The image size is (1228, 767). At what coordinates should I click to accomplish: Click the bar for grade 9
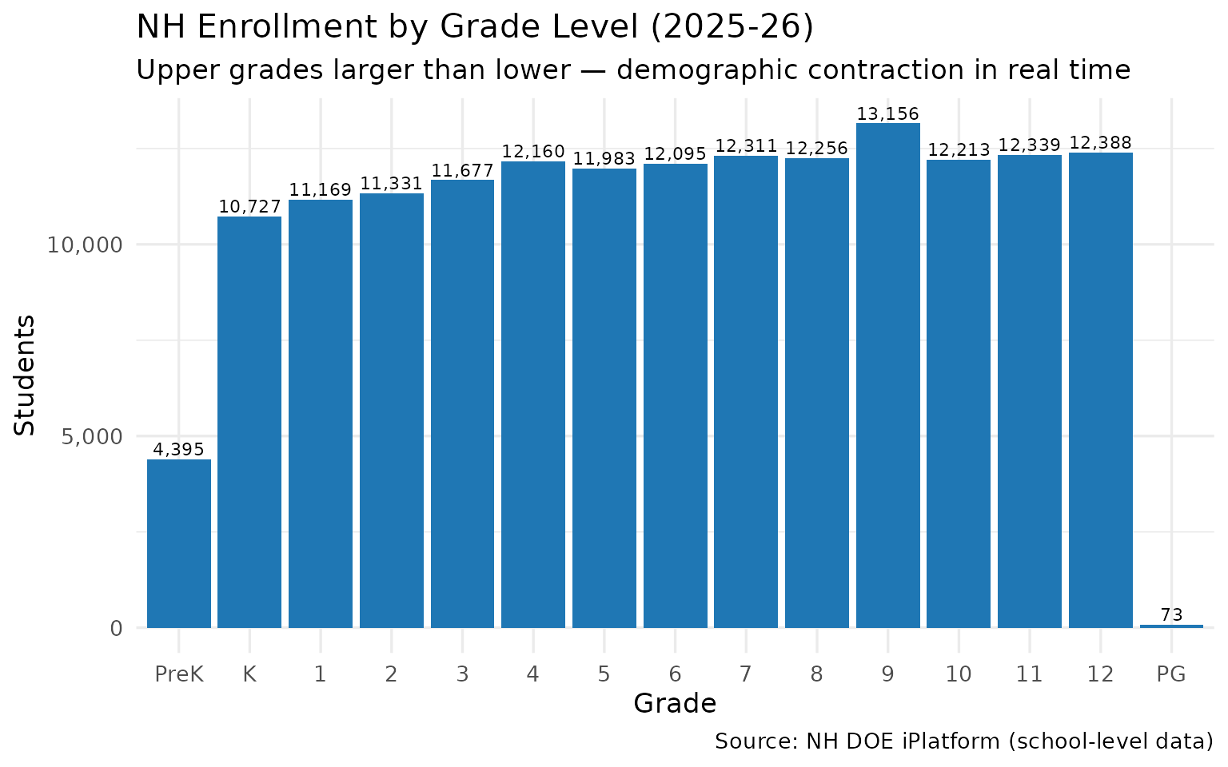point(887,376)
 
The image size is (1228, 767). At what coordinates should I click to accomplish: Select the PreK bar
point(178,543)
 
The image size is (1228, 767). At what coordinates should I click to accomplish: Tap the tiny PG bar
point(1171,626)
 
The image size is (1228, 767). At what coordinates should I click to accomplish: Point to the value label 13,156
point(887,114)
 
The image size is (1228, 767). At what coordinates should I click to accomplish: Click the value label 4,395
point(178,450)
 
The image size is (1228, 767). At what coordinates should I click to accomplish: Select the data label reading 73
point(1171,615)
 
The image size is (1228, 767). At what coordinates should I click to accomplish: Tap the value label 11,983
point(604,159)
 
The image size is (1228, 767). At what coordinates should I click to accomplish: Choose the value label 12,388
point(1100,143)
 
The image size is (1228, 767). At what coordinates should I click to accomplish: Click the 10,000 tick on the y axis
point(84,244)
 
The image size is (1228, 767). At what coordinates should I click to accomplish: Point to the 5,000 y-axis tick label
point(90,436)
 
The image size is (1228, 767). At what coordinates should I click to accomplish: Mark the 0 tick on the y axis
point(116,629)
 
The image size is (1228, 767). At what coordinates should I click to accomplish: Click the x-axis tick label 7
point(745,674)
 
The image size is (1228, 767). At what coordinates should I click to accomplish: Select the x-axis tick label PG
point(1171,674)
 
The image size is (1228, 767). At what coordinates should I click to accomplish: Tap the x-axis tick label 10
point(958,674)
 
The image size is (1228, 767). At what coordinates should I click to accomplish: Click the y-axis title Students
point(26,376)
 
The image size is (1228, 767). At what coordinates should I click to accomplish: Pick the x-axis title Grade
point(675,704)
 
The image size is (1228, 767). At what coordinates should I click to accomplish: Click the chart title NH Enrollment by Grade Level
point(475,27)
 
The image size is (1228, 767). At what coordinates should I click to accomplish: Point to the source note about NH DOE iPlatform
point(963,741)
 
